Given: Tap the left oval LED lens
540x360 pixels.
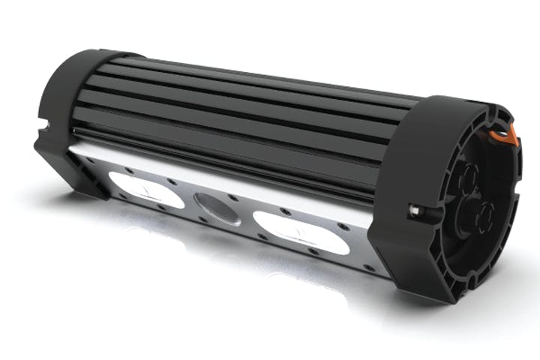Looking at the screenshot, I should [x=145, y=188].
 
